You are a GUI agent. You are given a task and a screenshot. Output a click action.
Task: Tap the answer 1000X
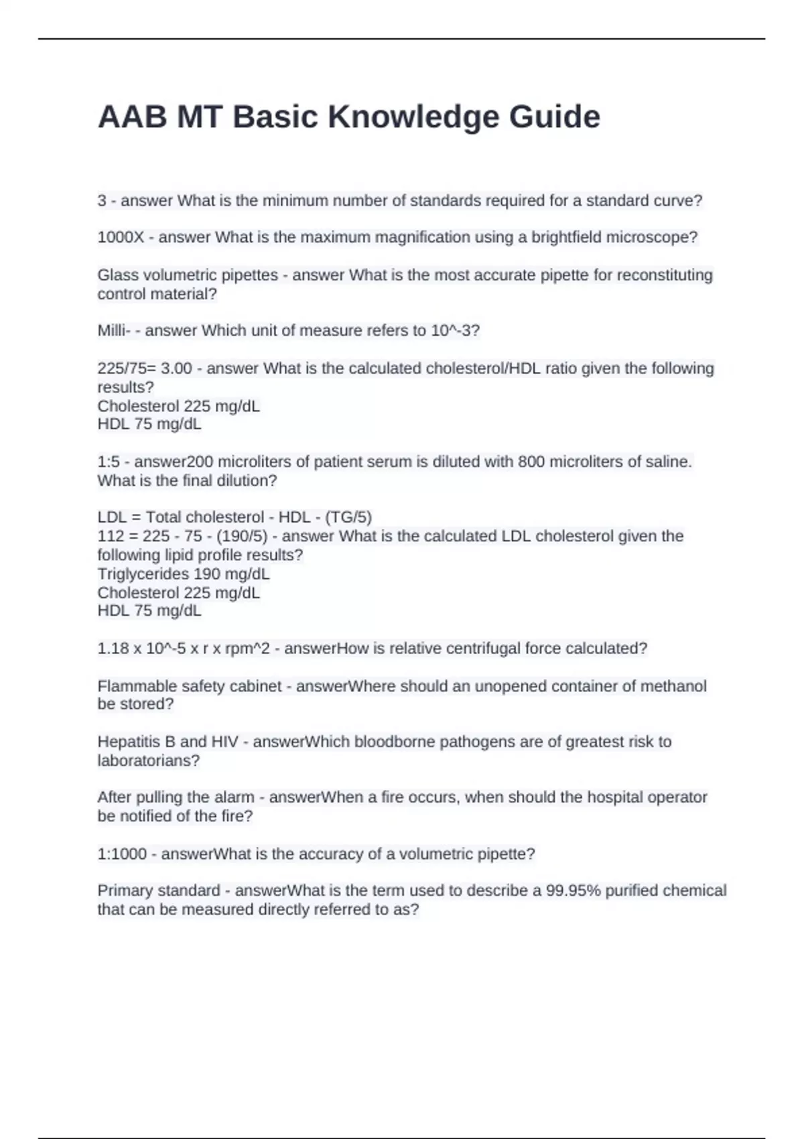(121, 237)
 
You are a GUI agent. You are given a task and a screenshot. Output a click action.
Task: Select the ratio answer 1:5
(109, 462)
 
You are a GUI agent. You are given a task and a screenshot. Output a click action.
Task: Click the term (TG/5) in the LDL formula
(348, 517)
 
